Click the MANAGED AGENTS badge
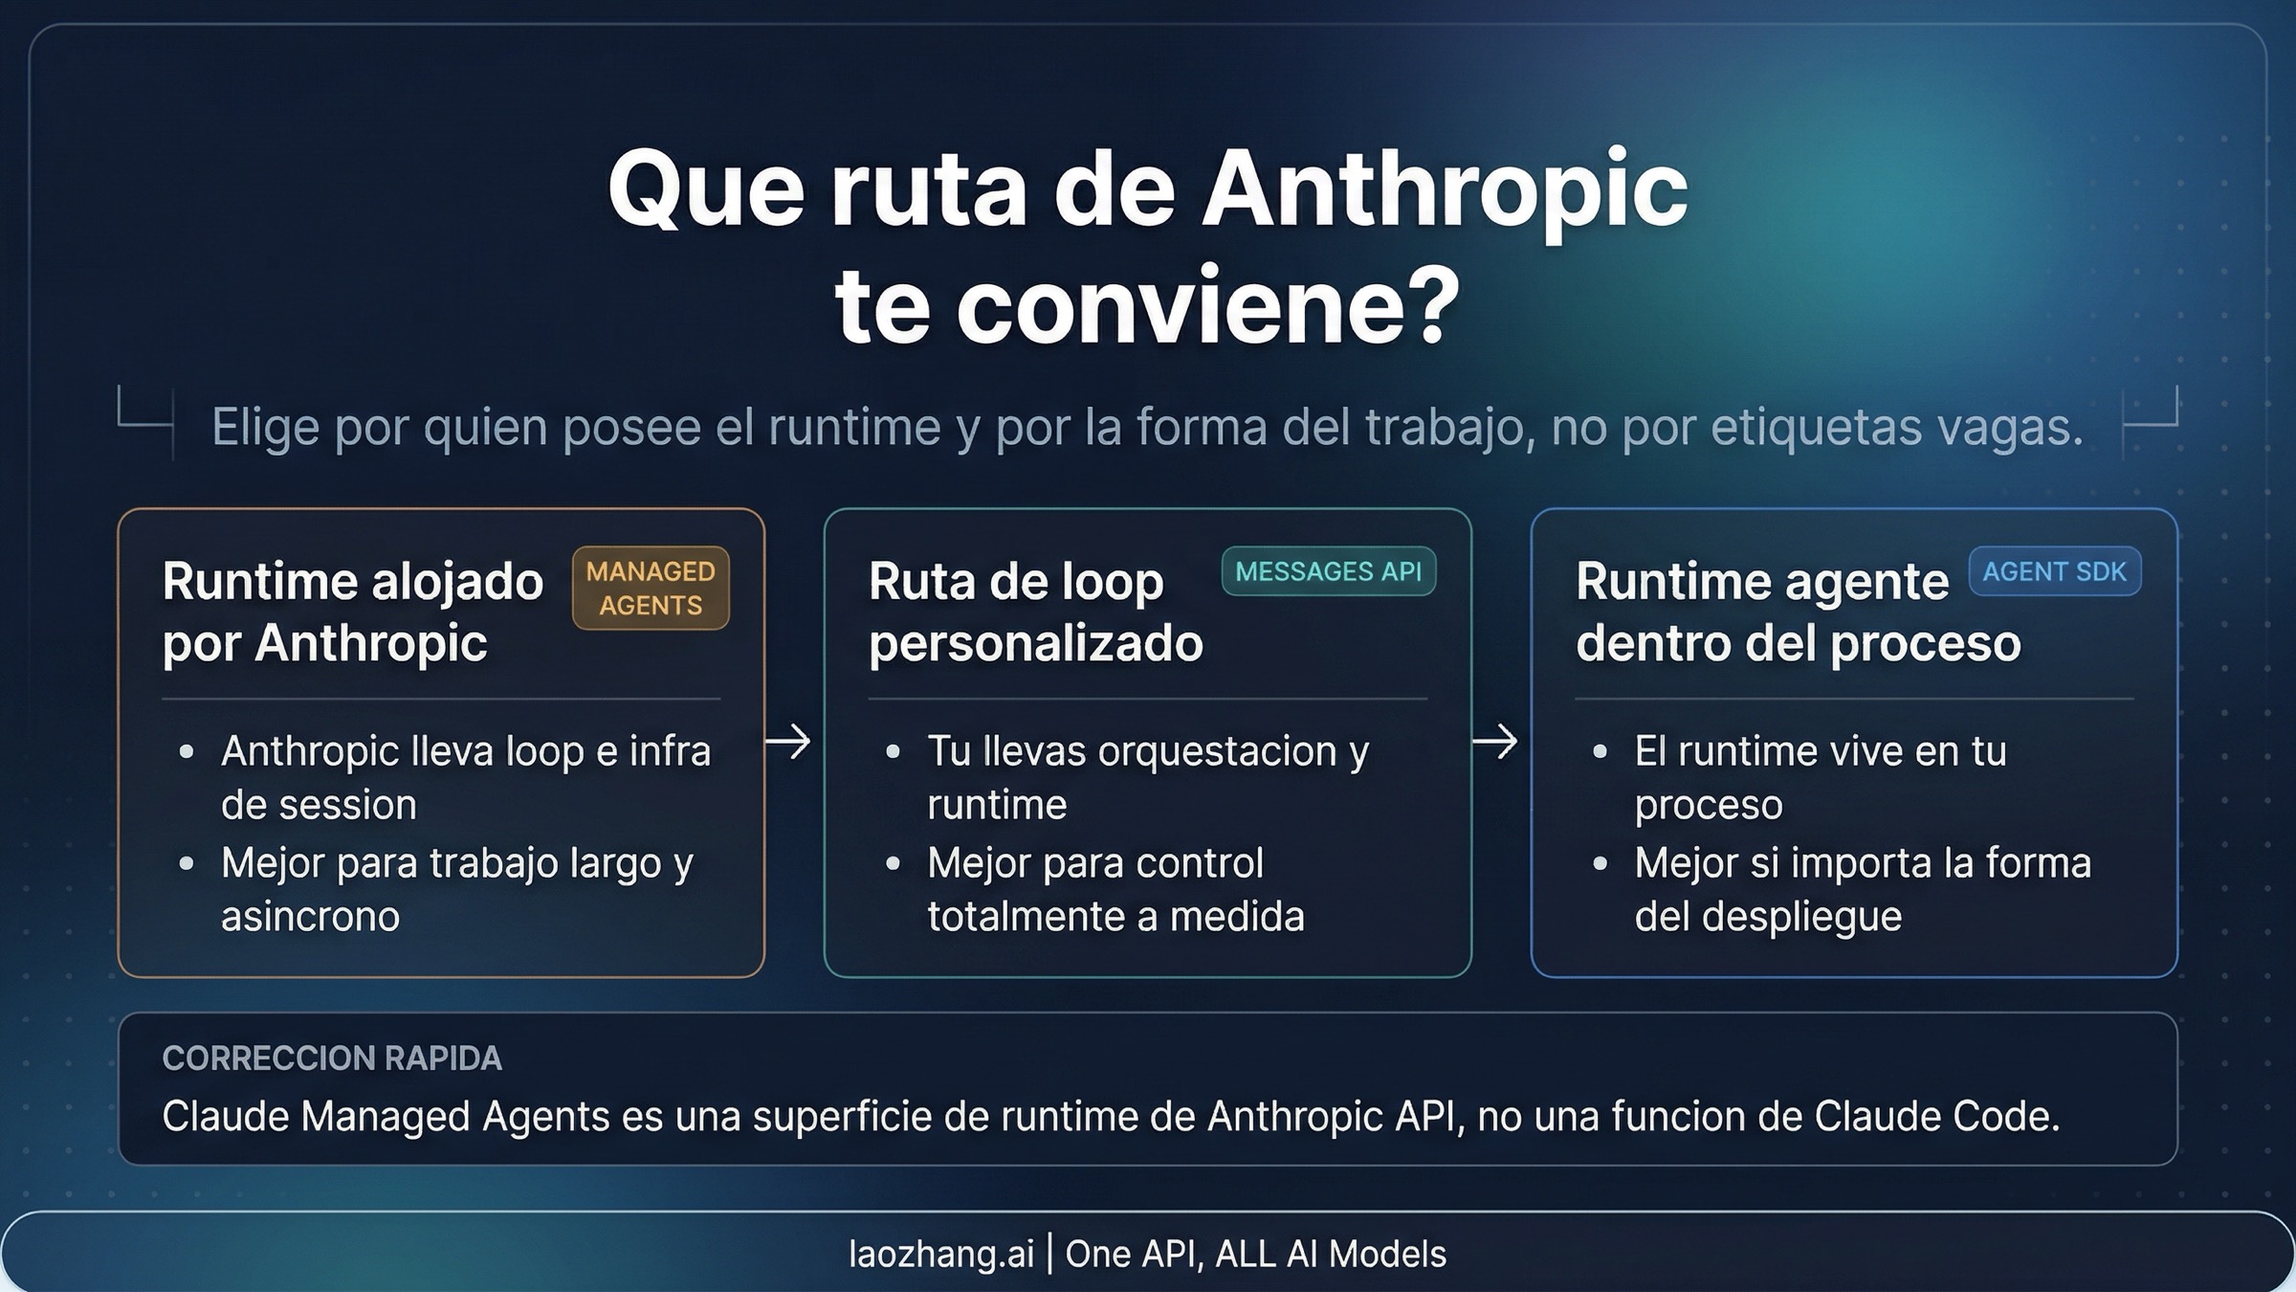[x=651, y=588]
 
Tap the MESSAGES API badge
[x=1328, y=571]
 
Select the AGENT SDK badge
[x=2054, y=571]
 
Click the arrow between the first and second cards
[x=788, y=742]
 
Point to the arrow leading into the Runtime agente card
[x=1494, y=742]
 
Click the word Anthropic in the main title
[x=1445, y=189]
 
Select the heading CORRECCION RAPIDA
[x=332, y=1058]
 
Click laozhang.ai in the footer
[x=941, y=1254]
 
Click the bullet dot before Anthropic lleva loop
[x=187, y=752]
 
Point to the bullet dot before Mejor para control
[x=894, y=863]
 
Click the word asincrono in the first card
[x=310, y=917]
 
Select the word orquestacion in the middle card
[x=1218, y=751]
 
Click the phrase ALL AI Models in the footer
[x=1331, y=1254]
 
